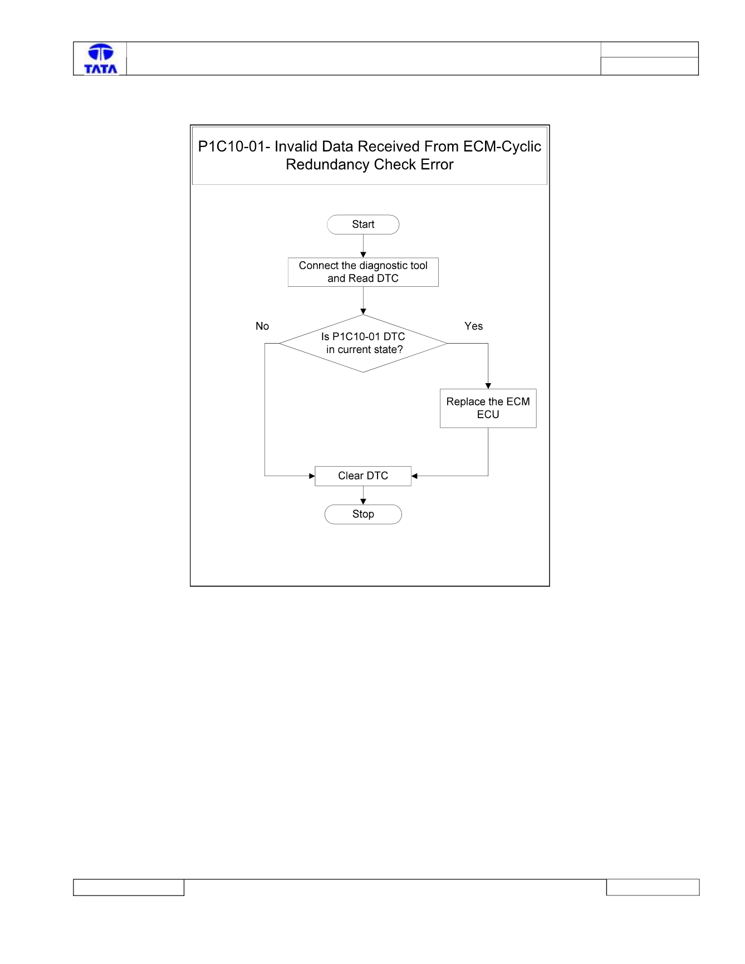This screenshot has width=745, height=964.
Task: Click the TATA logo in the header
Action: (x=101, y=59)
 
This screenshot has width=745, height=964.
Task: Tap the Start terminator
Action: (x=363, y=224)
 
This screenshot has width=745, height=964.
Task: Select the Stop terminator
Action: (x=363, y=514)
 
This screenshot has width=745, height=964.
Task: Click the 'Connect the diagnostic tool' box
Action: (x=363, y=272)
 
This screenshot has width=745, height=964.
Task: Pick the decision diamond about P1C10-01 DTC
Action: (x=363, y=344)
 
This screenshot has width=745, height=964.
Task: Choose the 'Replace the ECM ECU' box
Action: (x=488, y=408)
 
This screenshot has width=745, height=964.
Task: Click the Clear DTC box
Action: (x=363, y=476)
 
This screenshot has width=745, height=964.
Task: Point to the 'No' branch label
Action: (x=262, y=326)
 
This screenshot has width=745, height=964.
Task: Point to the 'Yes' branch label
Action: (x=474, y=326)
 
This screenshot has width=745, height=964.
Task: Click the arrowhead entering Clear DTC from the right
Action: (x=414, y=476)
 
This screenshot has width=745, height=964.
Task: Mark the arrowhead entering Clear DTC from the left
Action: (x=312, y=476)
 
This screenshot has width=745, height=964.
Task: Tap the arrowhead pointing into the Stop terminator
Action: (x=363, y=502)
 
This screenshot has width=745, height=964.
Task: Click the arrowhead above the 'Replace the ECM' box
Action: (x=488, y=386)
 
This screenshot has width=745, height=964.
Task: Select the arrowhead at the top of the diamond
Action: (x=363, y=312)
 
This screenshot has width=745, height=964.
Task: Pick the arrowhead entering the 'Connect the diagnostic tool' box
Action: (x=363, y=255)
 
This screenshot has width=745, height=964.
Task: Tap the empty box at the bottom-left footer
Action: (x=129, y=887)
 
